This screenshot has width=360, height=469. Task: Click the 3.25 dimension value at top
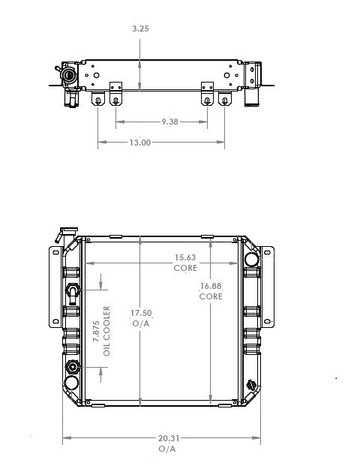(139, 28)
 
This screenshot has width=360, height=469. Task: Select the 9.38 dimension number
(169, 121)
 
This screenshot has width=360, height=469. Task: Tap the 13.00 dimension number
(140, 143)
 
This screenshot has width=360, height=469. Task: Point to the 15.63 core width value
(186, 259)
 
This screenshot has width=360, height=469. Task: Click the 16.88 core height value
(211, 286)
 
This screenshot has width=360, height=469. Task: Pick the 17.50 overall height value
(140, 313)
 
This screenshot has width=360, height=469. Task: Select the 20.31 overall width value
(167, 438)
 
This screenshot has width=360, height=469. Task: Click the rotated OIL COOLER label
(106, 330)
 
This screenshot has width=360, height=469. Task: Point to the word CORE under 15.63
(186, 268)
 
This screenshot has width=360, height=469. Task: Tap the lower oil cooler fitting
(72, 368)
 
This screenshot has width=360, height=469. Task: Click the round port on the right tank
(251, 259)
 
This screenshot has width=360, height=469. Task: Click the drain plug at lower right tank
(252, 387)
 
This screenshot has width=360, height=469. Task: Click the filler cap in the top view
(70, 76)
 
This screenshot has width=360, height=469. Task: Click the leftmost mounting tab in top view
(97, 100)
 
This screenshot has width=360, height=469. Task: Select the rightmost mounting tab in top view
(224, 100)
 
